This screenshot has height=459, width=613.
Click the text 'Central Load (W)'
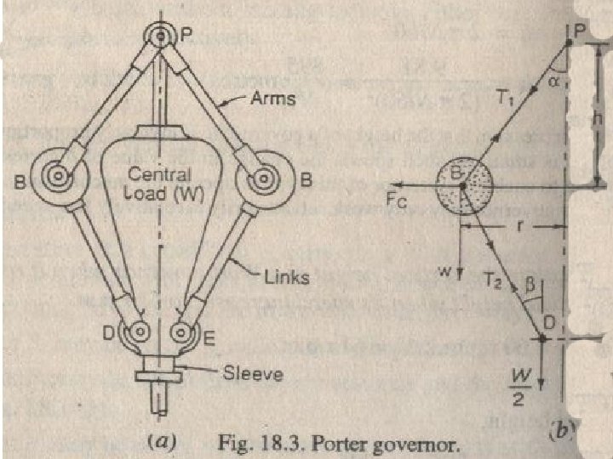pyautogui.click(x=163, y=184)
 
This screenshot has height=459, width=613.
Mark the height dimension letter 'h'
pyautogui.click(x=599, y=120)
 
